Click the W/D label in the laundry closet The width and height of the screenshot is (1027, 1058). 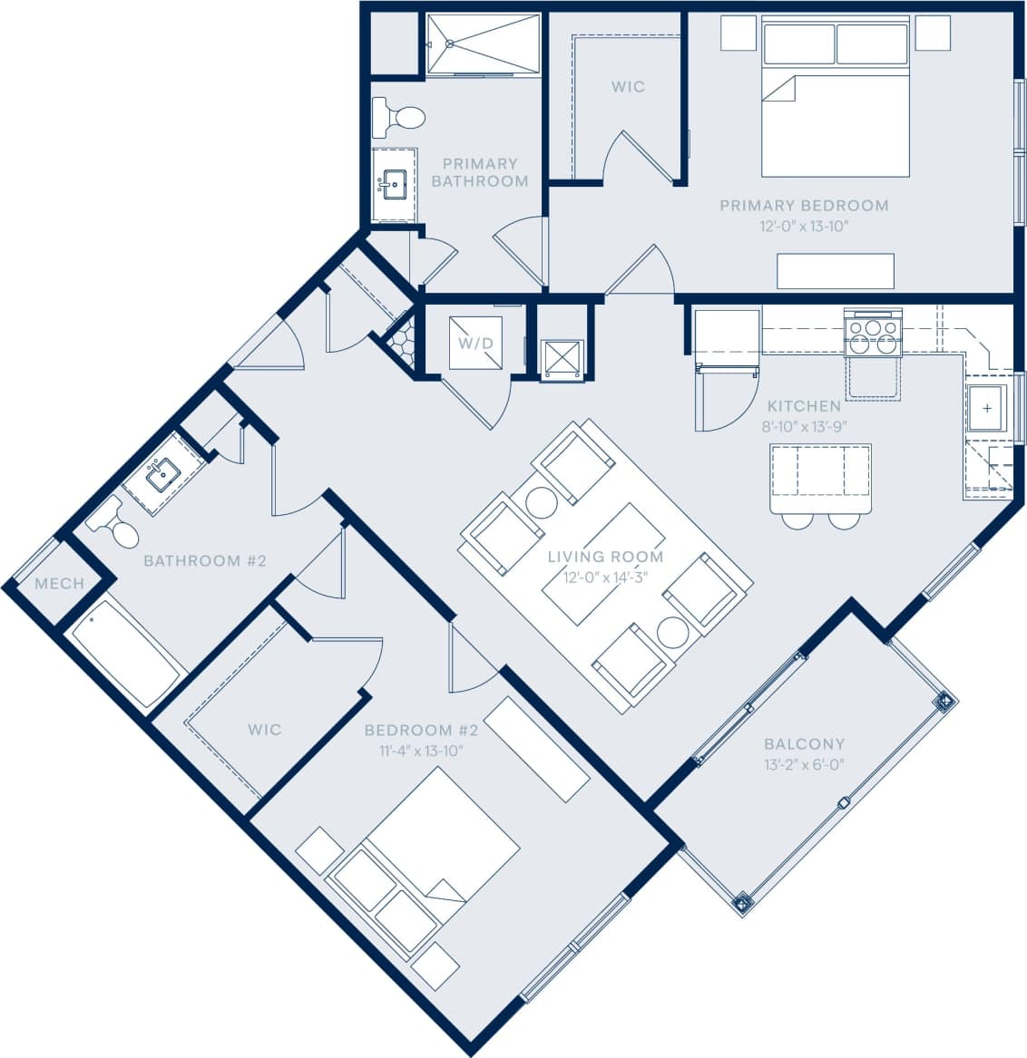475,344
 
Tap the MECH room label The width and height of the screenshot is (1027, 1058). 59,583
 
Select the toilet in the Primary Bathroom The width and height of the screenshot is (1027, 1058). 398,117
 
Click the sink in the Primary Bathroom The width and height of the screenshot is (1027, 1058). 395,186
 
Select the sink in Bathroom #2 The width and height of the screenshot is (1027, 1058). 163,474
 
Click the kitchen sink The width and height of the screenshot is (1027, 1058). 986,409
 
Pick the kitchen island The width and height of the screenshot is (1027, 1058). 821,471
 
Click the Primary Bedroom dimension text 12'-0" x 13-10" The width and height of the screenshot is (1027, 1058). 804,226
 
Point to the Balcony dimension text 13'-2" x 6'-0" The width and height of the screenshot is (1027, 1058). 804,764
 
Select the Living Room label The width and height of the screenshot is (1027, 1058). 605,557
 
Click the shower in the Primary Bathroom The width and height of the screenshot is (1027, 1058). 484,44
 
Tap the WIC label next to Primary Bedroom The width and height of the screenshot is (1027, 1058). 628,87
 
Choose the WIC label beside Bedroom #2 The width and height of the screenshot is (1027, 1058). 264,729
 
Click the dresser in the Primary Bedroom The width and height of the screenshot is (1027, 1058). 836,271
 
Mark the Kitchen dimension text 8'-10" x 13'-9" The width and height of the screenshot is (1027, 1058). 804,426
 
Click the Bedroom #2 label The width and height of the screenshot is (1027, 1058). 421,730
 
